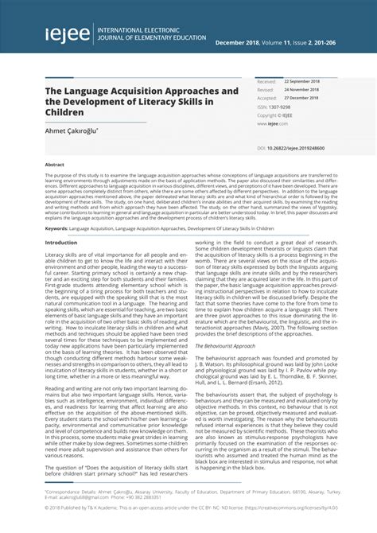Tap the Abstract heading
click(x=53, y=163)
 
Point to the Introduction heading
click(x=61, y=242)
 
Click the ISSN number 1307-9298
click(x=279, y=107)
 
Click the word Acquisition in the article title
click(x=150, y=91)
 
